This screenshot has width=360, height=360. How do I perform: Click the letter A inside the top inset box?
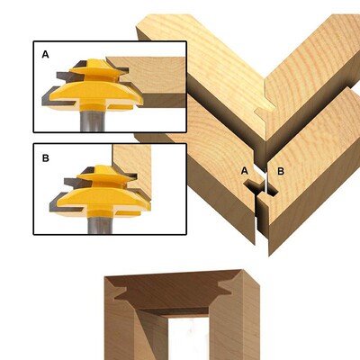click(45, 54)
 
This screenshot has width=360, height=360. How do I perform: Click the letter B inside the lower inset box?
click(46, 158)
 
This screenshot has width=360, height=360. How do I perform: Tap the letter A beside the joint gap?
click(245, 171)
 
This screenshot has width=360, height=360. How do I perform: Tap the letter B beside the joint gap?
click(281, 171)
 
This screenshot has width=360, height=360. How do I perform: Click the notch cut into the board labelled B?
click(273, 190)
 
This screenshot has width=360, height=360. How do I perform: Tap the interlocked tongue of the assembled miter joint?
click(265, 112)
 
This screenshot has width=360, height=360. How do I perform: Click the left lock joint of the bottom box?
click(120, 291)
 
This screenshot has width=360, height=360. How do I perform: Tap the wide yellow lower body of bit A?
click(95, 93)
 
